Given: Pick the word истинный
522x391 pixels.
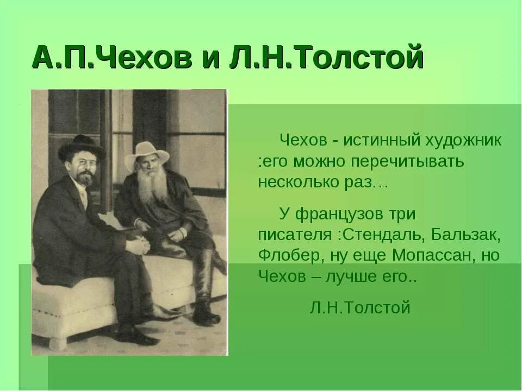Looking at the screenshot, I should [x=381, y=141].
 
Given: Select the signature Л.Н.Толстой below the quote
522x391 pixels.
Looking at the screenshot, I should [x=360, y=308].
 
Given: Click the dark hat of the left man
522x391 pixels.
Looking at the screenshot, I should [x=82, y=147].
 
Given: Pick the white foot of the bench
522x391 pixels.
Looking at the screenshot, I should [x=58, y=342].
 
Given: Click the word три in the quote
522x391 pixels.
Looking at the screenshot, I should [x=403, y=215].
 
